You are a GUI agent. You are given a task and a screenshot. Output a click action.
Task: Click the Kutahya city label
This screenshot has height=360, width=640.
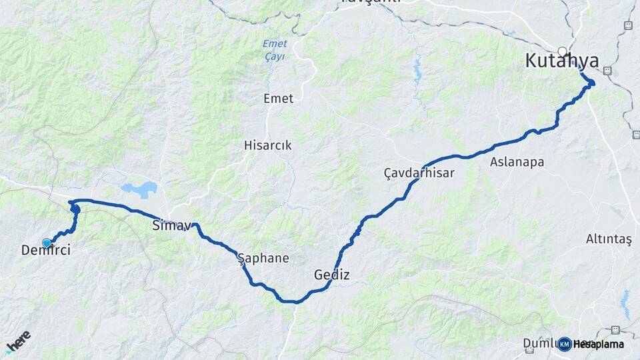(561, 61)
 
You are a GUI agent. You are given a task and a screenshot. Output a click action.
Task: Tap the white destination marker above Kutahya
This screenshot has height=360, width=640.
(563, 51)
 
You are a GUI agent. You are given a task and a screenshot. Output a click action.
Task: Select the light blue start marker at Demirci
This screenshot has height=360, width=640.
(47, 243)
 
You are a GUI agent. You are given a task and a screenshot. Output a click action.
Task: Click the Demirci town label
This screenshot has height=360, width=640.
(45, 251)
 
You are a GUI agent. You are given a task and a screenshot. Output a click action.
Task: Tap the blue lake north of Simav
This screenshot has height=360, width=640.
(139, 190)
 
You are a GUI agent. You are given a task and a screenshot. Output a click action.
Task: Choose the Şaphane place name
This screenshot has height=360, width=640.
(263, 258)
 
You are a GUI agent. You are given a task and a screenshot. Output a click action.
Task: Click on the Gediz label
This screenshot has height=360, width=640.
(331, 275)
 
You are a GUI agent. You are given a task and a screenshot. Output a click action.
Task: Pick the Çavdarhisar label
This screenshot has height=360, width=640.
(419, 173)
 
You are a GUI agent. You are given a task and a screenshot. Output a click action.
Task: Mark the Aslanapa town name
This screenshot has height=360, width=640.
(517, 162)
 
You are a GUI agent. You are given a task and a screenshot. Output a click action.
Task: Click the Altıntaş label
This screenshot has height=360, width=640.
(608, 239)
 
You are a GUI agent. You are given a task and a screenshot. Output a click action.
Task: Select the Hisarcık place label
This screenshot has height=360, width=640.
(267, 145)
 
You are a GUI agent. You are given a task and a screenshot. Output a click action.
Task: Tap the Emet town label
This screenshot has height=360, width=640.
(278, 99)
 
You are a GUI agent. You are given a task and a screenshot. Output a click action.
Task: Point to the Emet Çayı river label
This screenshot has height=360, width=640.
(273, 50)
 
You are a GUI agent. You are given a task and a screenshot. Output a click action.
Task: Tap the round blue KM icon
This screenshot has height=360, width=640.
(565, 344)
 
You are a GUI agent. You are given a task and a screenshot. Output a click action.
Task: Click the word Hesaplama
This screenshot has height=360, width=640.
(598, 344)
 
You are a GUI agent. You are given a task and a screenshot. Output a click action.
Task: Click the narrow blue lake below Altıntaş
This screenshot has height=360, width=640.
(625, 304)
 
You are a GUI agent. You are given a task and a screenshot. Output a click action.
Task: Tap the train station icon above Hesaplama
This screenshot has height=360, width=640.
(615, 330)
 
